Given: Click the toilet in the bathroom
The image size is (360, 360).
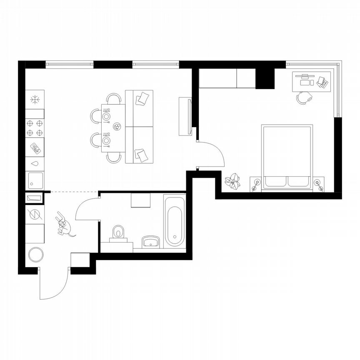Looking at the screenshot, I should tap(118, 232).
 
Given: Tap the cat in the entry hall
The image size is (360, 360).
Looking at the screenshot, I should tap(64, 225).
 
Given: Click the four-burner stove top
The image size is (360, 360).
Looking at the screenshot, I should tap(35, 128).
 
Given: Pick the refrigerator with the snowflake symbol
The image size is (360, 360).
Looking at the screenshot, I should tap(35, 100).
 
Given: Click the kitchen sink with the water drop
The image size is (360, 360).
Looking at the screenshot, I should tap(35, 163).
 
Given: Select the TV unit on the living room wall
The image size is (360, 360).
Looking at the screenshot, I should tap(185, 116).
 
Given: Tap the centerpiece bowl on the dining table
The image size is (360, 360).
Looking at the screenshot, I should tap(117, 125).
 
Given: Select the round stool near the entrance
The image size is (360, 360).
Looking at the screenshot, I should tap(35, 254).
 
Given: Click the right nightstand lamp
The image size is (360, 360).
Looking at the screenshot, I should tap(319, 183).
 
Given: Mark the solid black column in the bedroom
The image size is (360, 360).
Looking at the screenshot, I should tap(265, 78).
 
